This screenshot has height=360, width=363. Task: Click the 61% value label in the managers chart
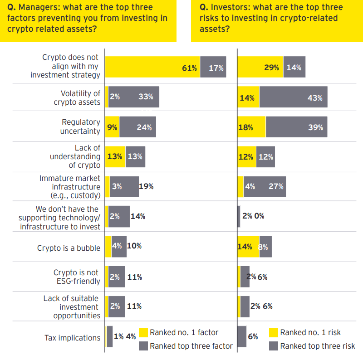(189, 68)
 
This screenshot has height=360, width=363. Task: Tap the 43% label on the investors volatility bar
(315, 97)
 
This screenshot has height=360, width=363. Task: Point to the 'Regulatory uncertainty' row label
(80, 126)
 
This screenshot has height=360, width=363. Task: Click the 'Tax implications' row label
(72, 338)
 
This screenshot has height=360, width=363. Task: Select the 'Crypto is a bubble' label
(69, 248)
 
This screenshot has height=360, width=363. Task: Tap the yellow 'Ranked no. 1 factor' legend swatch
(143, 333)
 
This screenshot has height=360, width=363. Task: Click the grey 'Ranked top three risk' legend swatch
(274, 346)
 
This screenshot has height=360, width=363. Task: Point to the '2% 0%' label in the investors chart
(253, 216)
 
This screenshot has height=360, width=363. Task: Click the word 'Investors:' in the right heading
(230, 8)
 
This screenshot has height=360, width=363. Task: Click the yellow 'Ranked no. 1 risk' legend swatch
(274, 333)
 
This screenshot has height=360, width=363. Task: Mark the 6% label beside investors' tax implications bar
(253, 336)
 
